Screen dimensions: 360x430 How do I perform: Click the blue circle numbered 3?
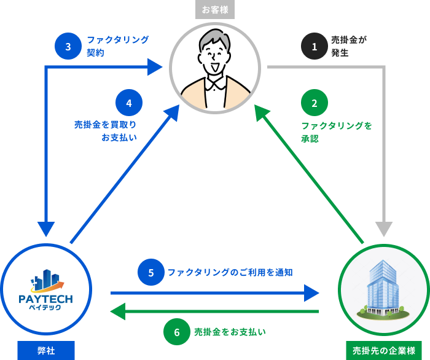(x=68, y=46)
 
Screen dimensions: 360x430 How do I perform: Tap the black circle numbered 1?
(x=315, y=46)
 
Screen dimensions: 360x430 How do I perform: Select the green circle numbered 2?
(x=315, y=103)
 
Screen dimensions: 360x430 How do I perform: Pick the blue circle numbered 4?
(x=129, y=103)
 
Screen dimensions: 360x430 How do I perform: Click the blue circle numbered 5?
(x=151, y=272)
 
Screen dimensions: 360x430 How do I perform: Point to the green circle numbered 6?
(x=177, y=332)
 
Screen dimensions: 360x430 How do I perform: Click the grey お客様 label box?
(x=215, y=9)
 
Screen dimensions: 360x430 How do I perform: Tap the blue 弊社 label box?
(x=46, y=351)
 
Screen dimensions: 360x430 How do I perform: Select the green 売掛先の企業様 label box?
(x=384, y=351)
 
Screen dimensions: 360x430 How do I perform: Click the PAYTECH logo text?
(x=46, y=299)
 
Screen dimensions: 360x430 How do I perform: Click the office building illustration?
(x=383, y=289)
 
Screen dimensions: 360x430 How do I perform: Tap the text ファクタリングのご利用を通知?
(x=230, y=272)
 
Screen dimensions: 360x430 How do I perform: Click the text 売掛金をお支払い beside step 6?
(x=230, y=332)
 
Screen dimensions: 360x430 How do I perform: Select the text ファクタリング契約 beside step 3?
(x=117, y=46)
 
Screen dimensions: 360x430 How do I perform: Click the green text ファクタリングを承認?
(x=336, y=132)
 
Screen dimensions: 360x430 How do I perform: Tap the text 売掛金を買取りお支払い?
(x=106, y=131)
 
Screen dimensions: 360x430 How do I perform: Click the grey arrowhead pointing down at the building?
(x=384, y=229)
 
